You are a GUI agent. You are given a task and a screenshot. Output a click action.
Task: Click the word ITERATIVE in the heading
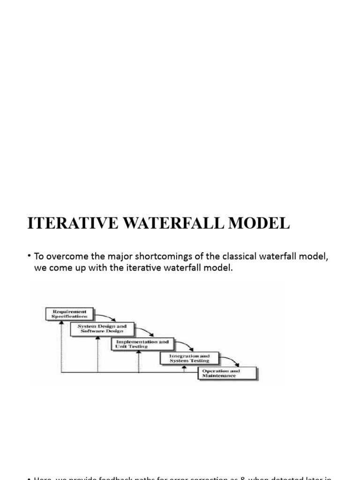coord(66,223)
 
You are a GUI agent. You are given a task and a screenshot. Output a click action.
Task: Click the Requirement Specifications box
coord(70,314)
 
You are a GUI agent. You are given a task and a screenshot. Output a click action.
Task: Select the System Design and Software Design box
coord(102,329)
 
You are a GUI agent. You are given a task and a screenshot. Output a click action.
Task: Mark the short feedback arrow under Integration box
coord(184,369)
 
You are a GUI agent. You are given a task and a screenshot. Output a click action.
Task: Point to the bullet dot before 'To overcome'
coord(29,255)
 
